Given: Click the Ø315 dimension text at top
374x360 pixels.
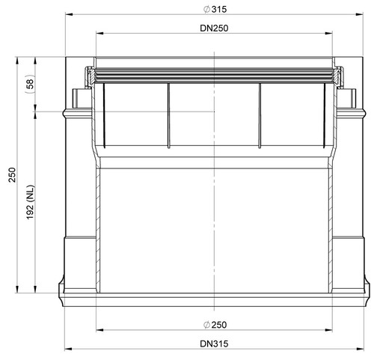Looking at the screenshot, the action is [x=215, y=10].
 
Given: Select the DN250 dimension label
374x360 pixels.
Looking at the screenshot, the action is [x=214, y=28].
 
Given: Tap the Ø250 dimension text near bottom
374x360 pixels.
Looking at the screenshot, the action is [x=215, y=325].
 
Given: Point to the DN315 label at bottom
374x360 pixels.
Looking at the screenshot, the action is [x=214, y=344].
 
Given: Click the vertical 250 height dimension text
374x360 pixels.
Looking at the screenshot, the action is [x=12, y=175].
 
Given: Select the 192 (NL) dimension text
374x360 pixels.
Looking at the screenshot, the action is [x=30, y=202].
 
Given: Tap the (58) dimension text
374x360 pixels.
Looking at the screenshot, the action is [x=30, y=84].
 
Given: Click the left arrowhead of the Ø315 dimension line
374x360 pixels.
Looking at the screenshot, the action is [x=69, y=14].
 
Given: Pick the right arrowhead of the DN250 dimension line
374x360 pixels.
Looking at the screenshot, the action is [x=328, y=33].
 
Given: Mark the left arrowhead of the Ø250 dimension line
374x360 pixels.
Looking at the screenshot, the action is [x=99, y=330].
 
